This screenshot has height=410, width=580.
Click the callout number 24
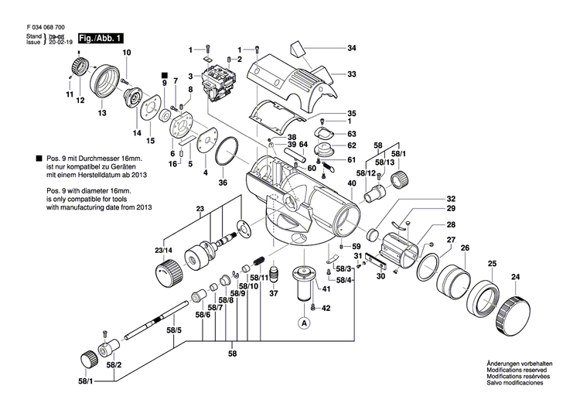pos(516,277)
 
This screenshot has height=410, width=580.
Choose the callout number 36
pos(223,183)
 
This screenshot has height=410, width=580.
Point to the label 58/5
pos(175,331)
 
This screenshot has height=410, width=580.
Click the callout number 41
pos(326,289)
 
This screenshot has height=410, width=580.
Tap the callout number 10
pos(127,53)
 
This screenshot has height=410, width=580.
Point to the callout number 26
pos(465,248)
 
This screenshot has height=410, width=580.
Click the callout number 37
pos(273,293)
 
